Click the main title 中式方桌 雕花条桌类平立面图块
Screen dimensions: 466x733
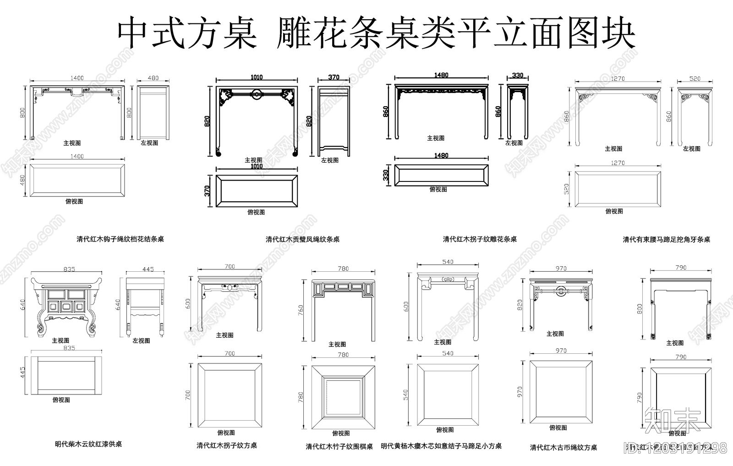376,34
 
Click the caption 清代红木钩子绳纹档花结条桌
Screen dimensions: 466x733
120,239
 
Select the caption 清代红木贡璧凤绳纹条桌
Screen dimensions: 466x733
302,239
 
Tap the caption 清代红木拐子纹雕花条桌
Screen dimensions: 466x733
480,239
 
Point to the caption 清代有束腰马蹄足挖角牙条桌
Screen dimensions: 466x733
666,239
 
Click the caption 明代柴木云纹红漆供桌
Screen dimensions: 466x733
88,444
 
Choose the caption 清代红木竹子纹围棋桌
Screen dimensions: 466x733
339,446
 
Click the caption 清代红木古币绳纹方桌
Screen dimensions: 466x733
563,447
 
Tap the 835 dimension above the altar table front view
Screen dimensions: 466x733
69,269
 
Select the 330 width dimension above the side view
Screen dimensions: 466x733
517,75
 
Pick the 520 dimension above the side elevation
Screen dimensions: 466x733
695,79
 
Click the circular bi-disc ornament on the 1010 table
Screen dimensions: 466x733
257,95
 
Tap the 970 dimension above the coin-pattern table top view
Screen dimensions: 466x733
561,351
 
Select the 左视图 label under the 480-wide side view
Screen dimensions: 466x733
149,143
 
